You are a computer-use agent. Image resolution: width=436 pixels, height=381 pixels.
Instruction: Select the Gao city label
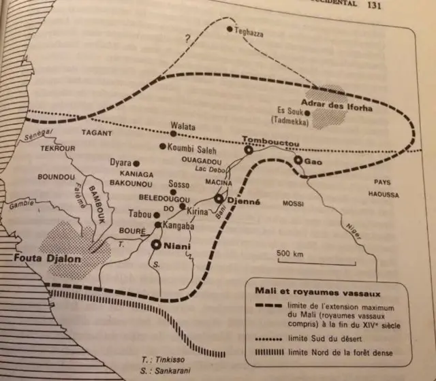pyautogui.click(x=312, y=161)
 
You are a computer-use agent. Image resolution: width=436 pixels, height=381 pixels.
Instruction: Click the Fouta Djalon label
pyautogui.click(x=40, y=258)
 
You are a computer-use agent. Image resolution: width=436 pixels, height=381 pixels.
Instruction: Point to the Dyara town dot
pyautogui.click(x=137, y=163)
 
